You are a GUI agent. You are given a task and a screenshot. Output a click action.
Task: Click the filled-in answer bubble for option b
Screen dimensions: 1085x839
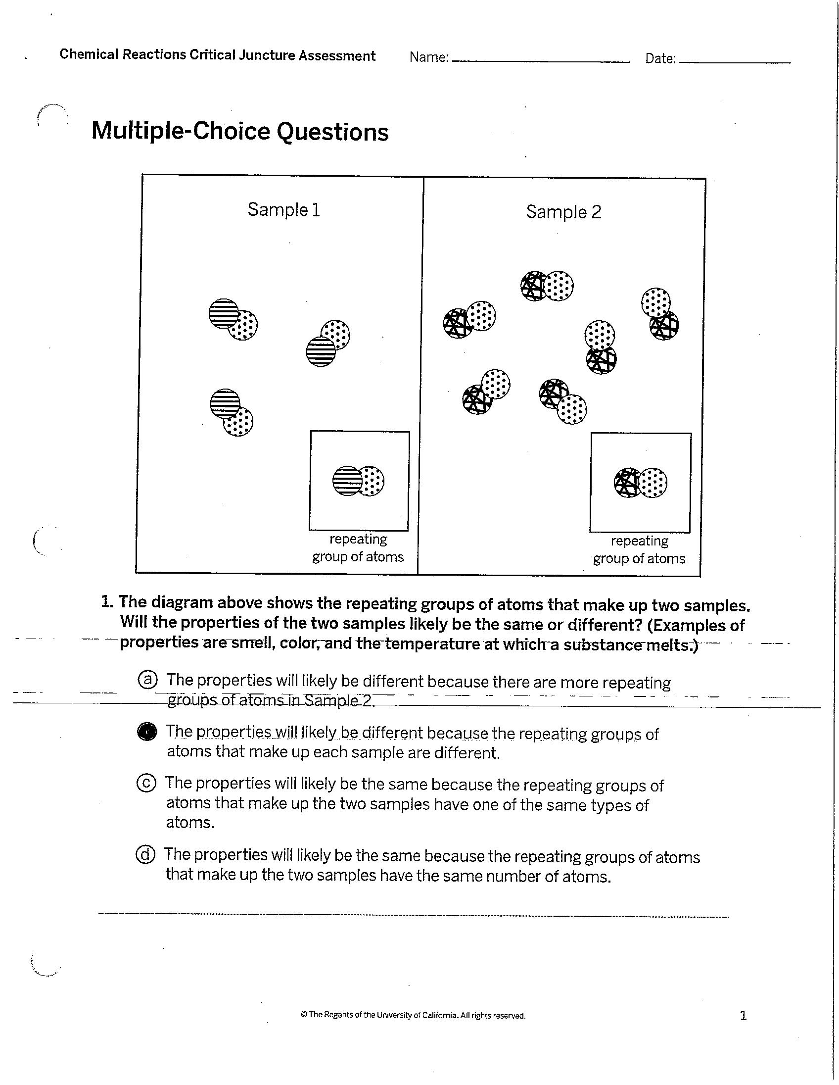tap(146, 731)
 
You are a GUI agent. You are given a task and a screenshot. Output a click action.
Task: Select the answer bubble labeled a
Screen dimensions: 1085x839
tap(147, 679)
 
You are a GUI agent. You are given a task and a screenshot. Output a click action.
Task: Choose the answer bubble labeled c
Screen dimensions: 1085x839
tap(146, 783)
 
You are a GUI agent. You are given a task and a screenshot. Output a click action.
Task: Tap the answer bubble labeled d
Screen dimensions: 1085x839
tap(145, 854)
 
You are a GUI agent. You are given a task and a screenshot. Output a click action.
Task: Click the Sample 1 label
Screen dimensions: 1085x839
tap(283, 210)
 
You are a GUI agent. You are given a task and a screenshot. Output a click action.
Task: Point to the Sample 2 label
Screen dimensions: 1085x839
tap(563, 212)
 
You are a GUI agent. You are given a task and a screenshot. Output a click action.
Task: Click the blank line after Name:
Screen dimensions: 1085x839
tap(540, 60)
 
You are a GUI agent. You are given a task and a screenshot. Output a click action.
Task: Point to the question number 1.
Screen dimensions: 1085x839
tap(106, 602)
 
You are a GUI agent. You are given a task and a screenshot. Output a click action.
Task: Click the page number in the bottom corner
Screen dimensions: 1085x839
tap(743, 1015)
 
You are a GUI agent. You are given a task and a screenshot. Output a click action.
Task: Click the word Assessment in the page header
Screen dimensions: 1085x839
tap(336, 55)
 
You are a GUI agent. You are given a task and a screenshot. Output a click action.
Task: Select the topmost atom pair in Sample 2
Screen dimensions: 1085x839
tap(547, 286)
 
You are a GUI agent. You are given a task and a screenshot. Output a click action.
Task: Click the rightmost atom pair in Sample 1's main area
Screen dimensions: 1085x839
tap(327, 343)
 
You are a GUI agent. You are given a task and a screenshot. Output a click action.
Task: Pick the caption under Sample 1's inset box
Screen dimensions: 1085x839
tap(358, 547)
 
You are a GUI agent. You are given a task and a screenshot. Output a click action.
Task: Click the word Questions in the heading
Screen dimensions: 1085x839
tap(332, 132)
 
